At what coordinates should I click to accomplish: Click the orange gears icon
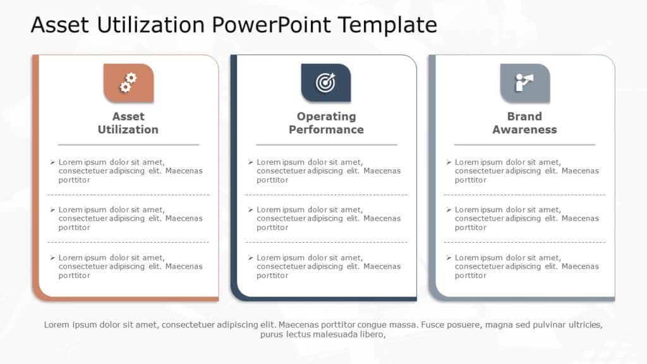pos(129,83)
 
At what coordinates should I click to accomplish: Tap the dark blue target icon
pos(326,83)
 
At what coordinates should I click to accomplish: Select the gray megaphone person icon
pos(524,83)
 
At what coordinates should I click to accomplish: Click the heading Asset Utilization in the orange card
pos(128,123)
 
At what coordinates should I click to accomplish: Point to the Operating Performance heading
pos(326,123)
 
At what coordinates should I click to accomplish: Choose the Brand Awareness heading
pos(524,123)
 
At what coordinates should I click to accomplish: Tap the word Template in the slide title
pos(387,25)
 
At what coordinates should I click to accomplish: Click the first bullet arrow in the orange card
pos(53,162)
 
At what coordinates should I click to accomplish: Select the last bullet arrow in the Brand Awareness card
pos(449,258)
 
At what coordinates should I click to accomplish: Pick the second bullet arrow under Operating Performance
pos(251,210)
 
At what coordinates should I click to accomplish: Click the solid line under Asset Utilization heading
pos(128,145)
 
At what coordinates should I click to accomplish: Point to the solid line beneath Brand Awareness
pos(524,145)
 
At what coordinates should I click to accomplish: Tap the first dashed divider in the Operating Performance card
pos(326,195)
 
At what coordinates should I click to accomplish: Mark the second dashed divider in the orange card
pos(128,242)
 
